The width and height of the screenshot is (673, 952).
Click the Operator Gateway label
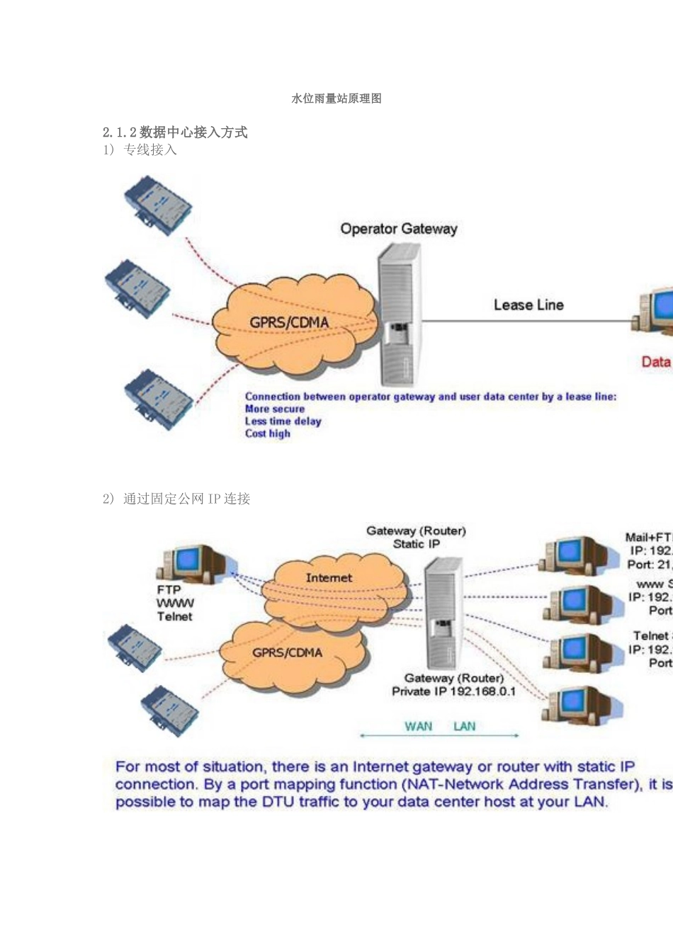(399, 229)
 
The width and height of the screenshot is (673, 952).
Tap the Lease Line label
(528, 305)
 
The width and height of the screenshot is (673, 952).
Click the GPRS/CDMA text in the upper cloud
(289, 323)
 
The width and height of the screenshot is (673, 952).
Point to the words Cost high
(268, 433)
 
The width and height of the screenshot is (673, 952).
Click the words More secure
(275, 409)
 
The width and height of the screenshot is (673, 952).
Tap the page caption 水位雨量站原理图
(336, 98)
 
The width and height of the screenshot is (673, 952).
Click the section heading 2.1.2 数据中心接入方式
(175, 132)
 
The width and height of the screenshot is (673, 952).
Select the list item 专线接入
(149, 149)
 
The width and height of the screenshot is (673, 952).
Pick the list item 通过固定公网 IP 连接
(186, 499)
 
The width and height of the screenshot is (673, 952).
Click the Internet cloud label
(329, 578)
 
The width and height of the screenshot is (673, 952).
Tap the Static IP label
(417, 544)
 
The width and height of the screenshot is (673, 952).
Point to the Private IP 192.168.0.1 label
(454, 691)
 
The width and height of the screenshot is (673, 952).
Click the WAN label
(418, 726)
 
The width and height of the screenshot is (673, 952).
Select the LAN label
(465, 726)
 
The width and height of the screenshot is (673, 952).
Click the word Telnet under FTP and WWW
(175, 616)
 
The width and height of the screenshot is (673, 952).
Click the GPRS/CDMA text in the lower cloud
(287, 652)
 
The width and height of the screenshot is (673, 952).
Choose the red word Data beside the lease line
(656, 362)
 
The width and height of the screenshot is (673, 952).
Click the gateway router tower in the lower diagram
(443, 613)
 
